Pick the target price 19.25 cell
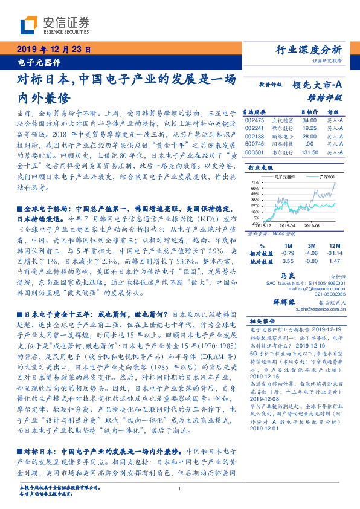pyautogui.click(x=309, y=129)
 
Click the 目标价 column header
pyautogui.click(x=310, y=112)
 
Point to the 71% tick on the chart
pyautogui.click(x=255, y=182)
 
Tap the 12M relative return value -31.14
pyautogui.click(x=330, y=253)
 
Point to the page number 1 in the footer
pyautogui.click(x=180, y=488)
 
